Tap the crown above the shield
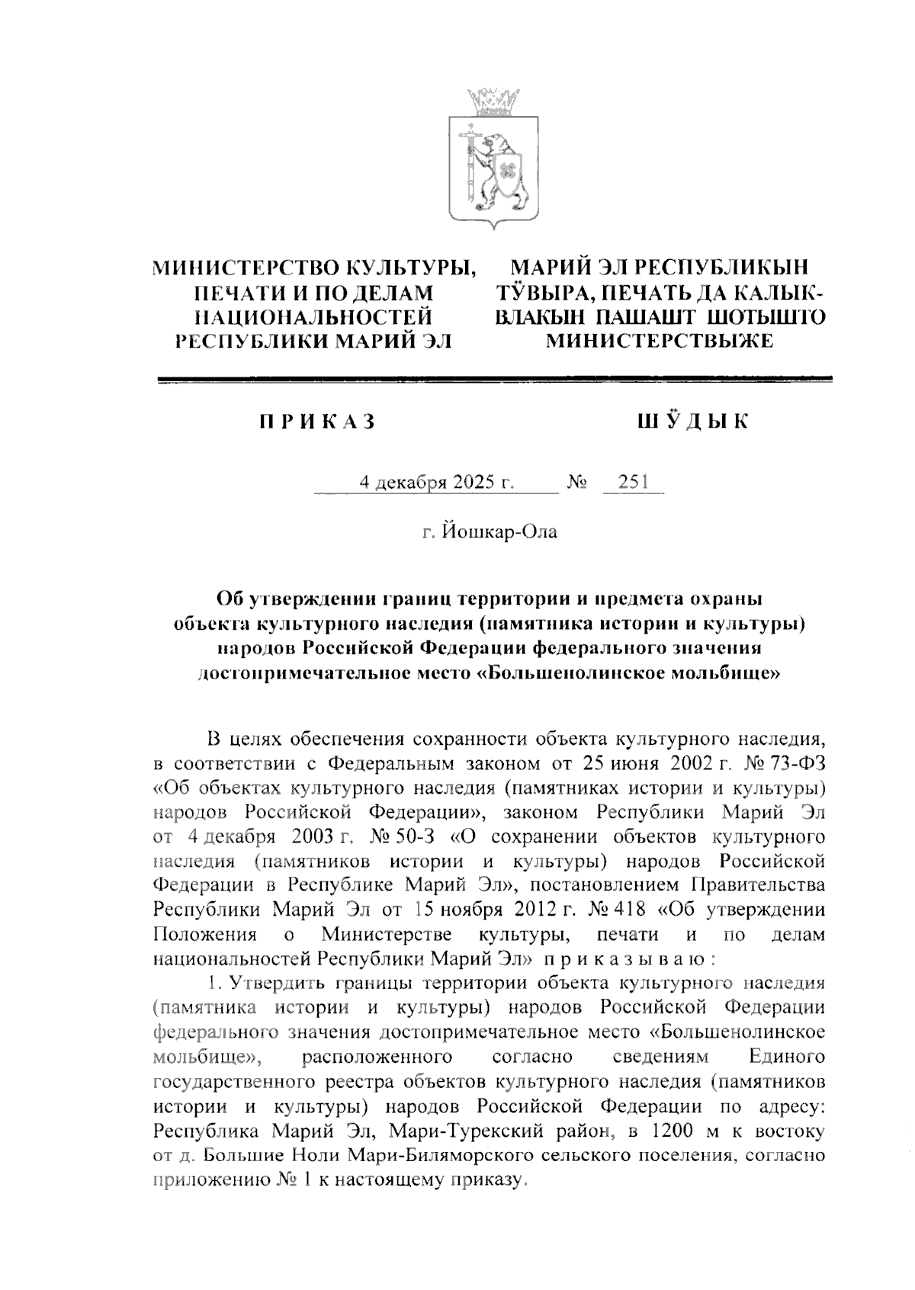492,100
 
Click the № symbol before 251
577,483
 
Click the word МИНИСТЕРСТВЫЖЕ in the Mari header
660,341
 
